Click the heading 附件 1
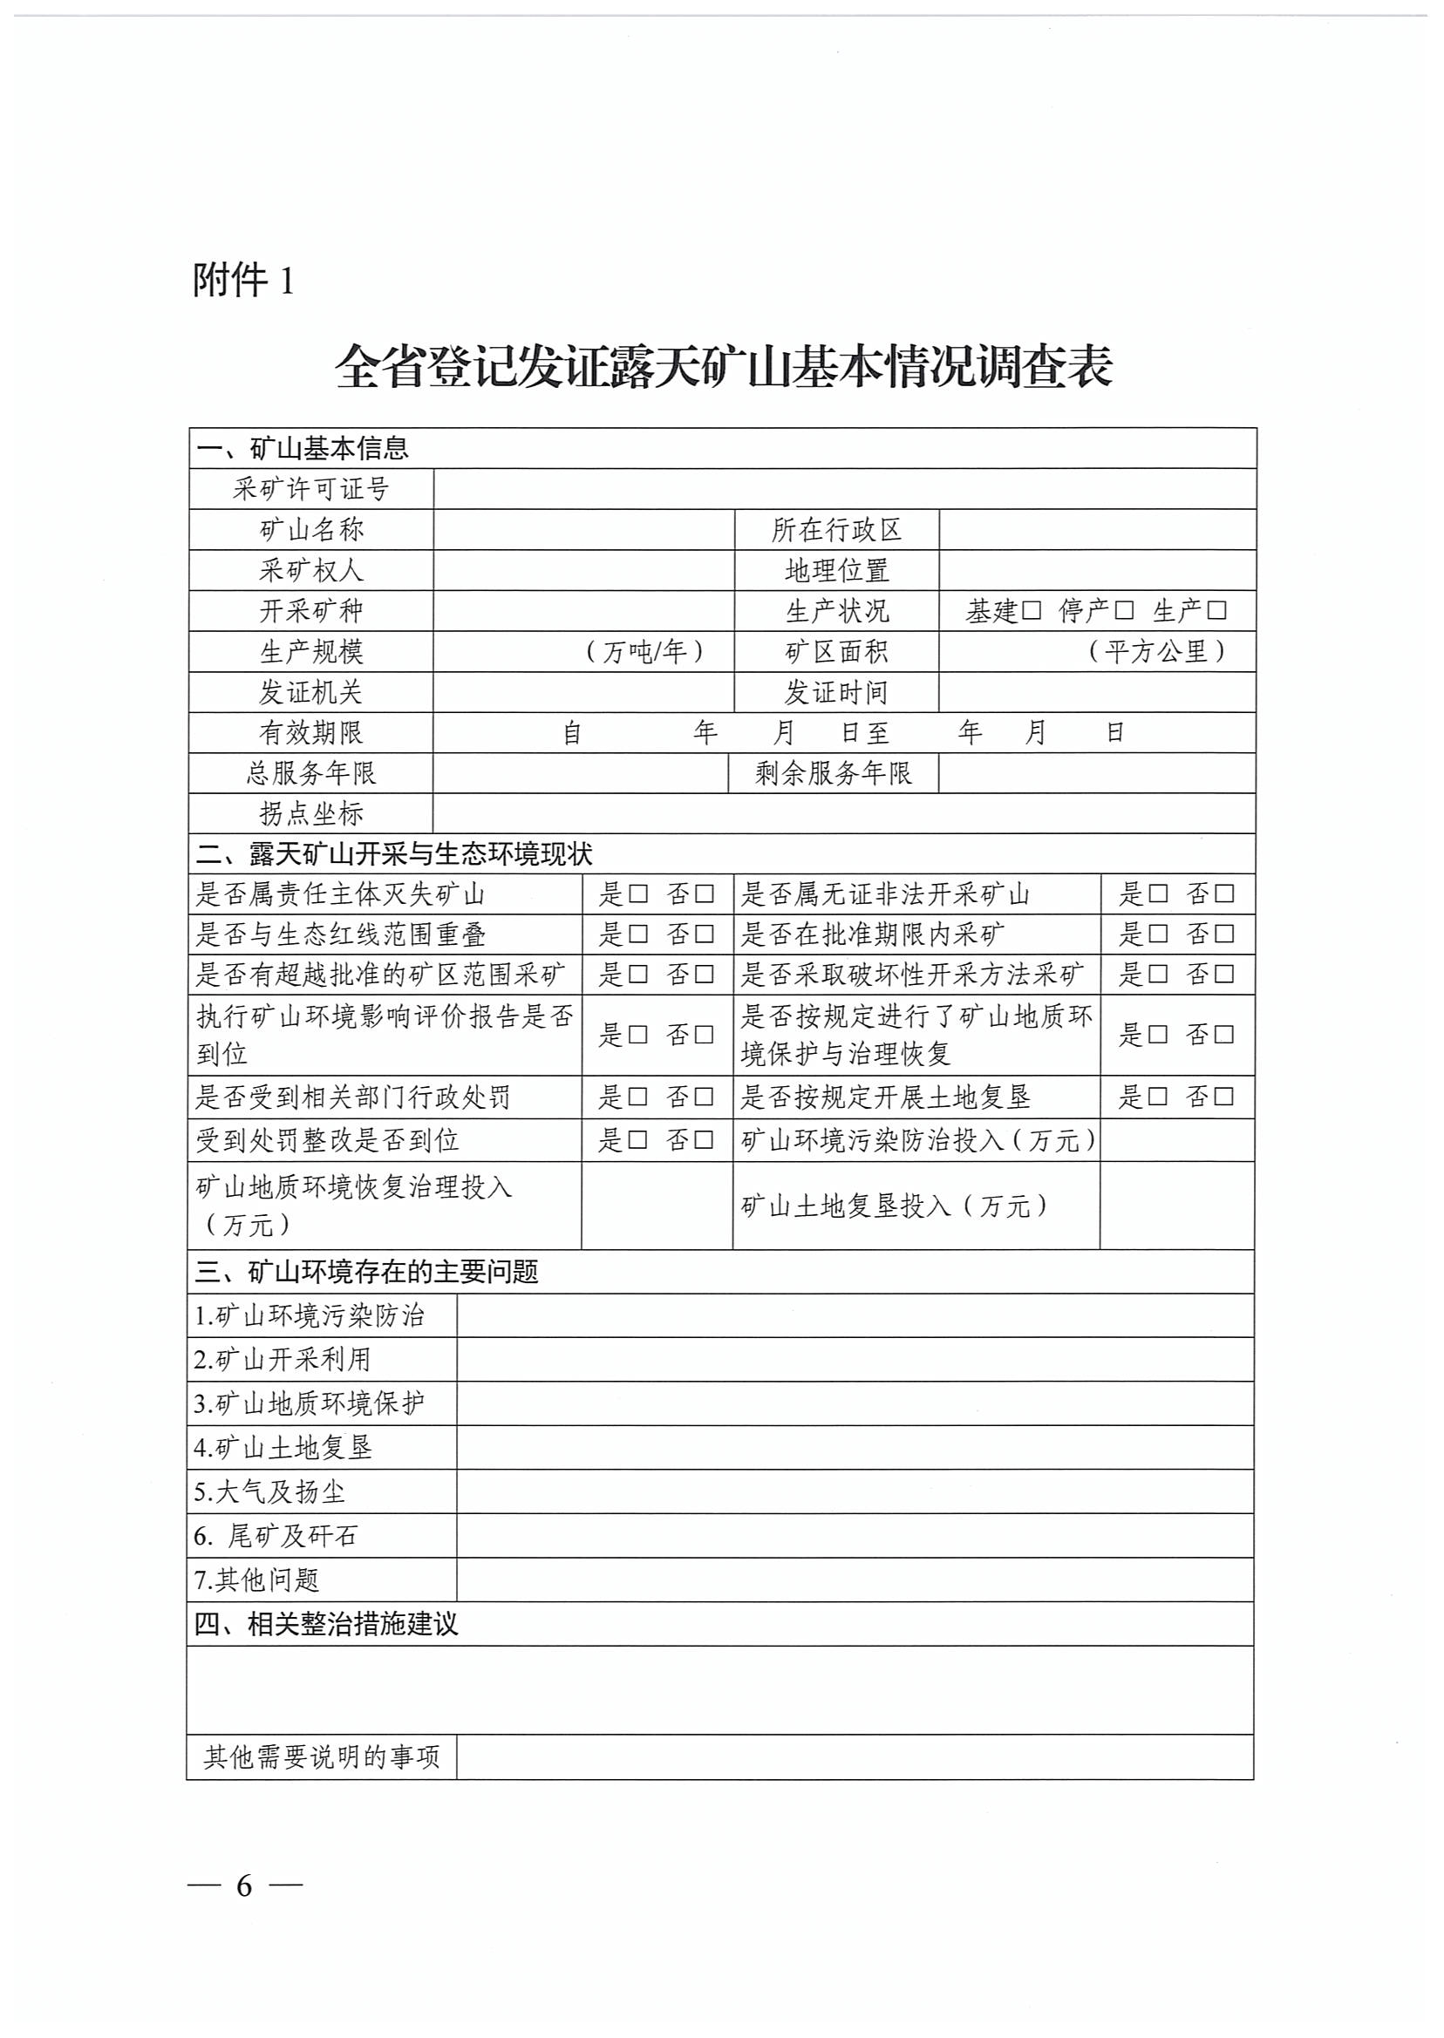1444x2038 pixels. [x=242, y=281]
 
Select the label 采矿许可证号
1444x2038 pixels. [x=311, y=489]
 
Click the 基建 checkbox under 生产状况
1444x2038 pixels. [x=1032, y=610]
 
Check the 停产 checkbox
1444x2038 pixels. [x=1125, y=610]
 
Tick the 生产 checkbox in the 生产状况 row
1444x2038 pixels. [x=1218, y=610]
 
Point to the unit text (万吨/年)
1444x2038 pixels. [x=644, y=651]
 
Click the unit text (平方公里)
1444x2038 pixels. [x=1157, y=651]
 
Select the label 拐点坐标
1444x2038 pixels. [x=311, y=813]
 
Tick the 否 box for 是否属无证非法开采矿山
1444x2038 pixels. [x=1224, y=894]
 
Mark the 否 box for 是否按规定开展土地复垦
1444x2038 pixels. [x=1224, y=1097]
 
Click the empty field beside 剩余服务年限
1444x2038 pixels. [x=1096, y=773]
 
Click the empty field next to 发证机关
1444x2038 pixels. [x=583, y=692]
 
